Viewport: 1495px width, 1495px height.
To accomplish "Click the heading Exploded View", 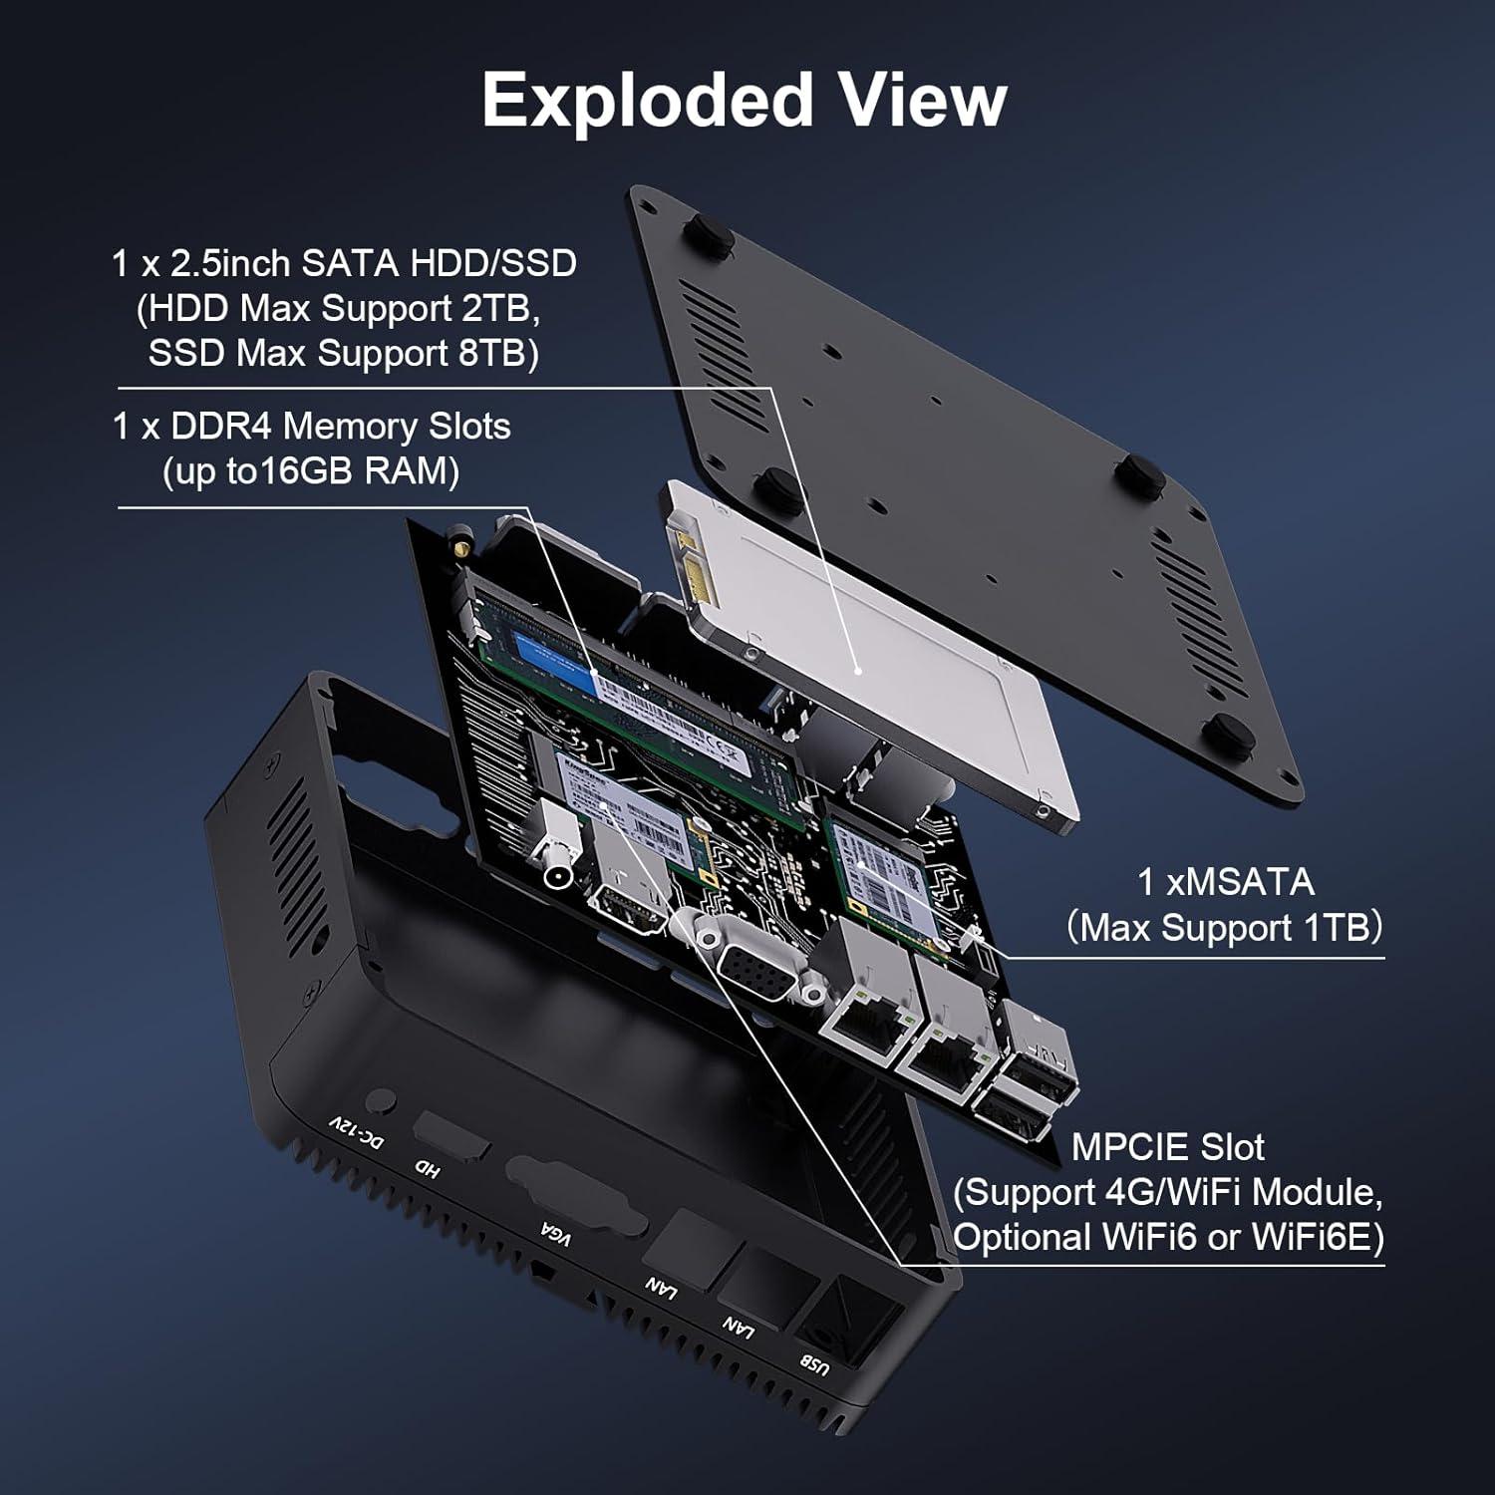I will tap(745, 101).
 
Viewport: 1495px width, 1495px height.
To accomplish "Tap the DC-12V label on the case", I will tap(356, 1132).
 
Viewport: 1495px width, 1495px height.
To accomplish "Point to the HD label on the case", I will tap(427, 1167).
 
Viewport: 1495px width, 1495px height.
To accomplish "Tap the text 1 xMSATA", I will tap(1225, 882).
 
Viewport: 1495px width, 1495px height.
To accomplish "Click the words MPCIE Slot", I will tap(1167, 1147).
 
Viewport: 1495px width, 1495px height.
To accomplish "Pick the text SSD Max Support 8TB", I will tap(344, 354).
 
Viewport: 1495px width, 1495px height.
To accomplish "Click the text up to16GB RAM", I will tap(311, 471).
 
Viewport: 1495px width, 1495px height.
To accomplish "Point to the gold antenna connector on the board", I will tap(460, 543).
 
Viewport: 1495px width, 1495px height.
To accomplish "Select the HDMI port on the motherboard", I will tap(630, 912).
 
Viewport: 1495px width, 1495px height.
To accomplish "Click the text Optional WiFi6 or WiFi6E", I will tap(1168, 1237).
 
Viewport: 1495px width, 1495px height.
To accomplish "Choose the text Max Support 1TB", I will tap(1225, 928).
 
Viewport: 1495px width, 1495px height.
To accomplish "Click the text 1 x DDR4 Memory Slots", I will tap(311, 427).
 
